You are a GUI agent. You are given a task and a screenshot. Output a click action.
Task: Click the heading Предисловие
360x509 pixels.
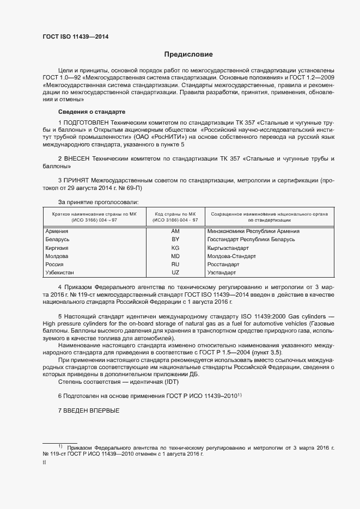click(188, 54)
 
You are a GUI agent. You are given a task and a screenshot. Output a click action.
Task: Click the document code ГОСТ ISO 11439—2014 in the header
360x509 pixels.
click(79, 37)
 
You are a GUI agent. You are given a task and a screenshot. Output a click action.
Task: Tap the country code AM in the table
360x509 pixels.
click(175, 231)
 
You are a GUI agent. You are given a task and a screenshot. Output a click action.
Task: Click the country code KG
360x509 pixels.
click(175, 248)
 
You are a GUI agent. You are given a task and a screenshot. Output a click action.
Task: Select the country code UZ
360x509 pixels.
click(175, 272)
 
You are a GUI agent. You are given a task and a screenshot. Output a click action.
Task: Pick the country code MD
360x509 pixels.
click(175, 256)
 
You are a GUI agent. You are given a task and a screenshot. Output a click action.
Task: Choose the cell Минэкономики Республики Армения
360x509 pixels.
click(253, 231)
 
